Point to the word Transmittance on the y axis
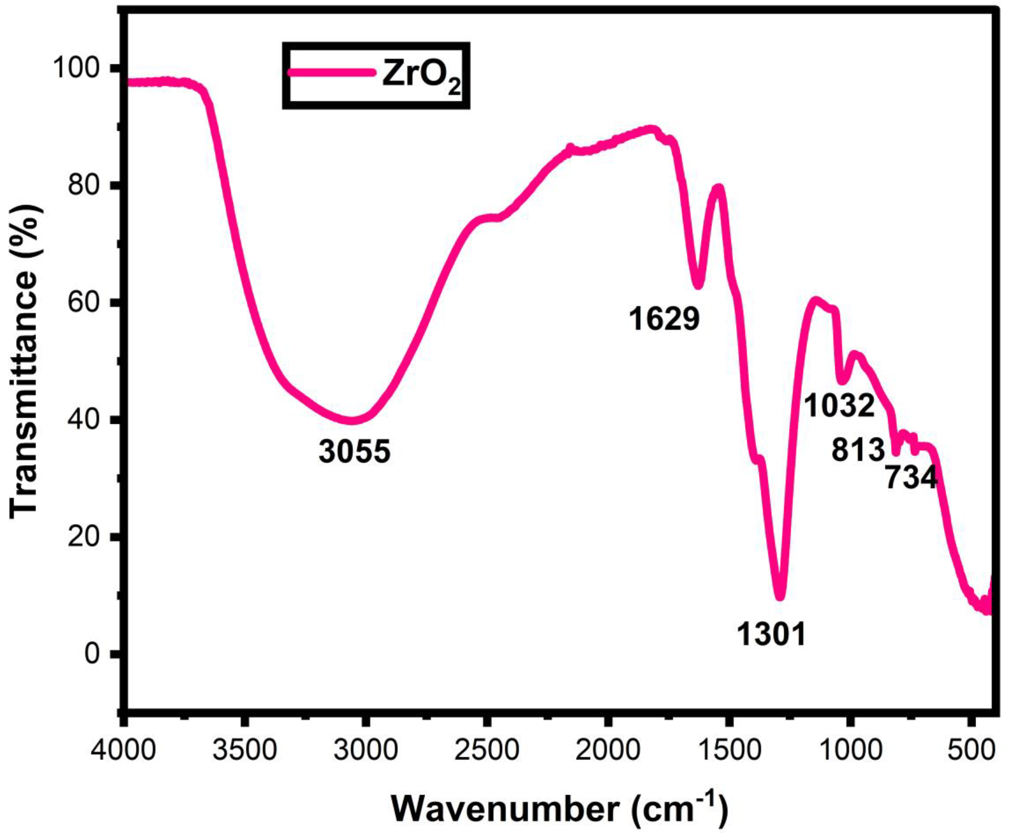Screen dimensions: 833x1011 (x=24, y=360)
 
